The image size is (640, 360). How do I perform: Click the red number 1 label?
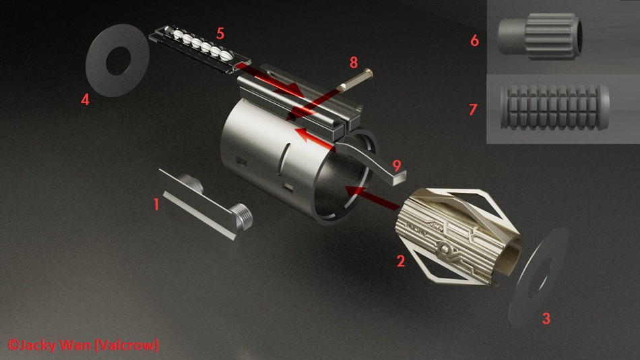[x=156, y=203]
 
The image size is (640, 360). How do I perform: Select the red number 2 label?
[x=400, y=260]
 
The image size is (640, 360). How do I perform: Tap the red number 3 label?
[x=546, y=318]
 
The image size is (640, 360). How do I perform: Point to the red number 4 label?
[x=85, y=99]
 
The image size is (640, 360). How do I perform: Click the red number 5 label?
[x=220, y=32]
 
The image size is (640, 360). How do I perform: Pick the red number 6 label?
[x=474, y=40]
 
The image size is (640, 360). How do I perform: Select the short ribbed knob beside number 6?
[x=537, y=38]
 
